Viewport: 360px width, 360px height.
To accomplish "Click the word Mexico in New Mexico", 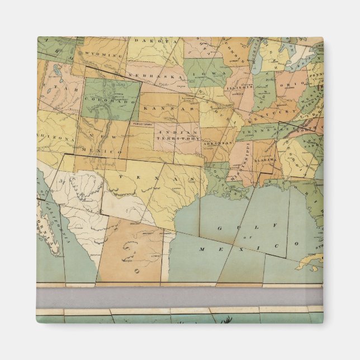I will [x=105, y=152].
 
